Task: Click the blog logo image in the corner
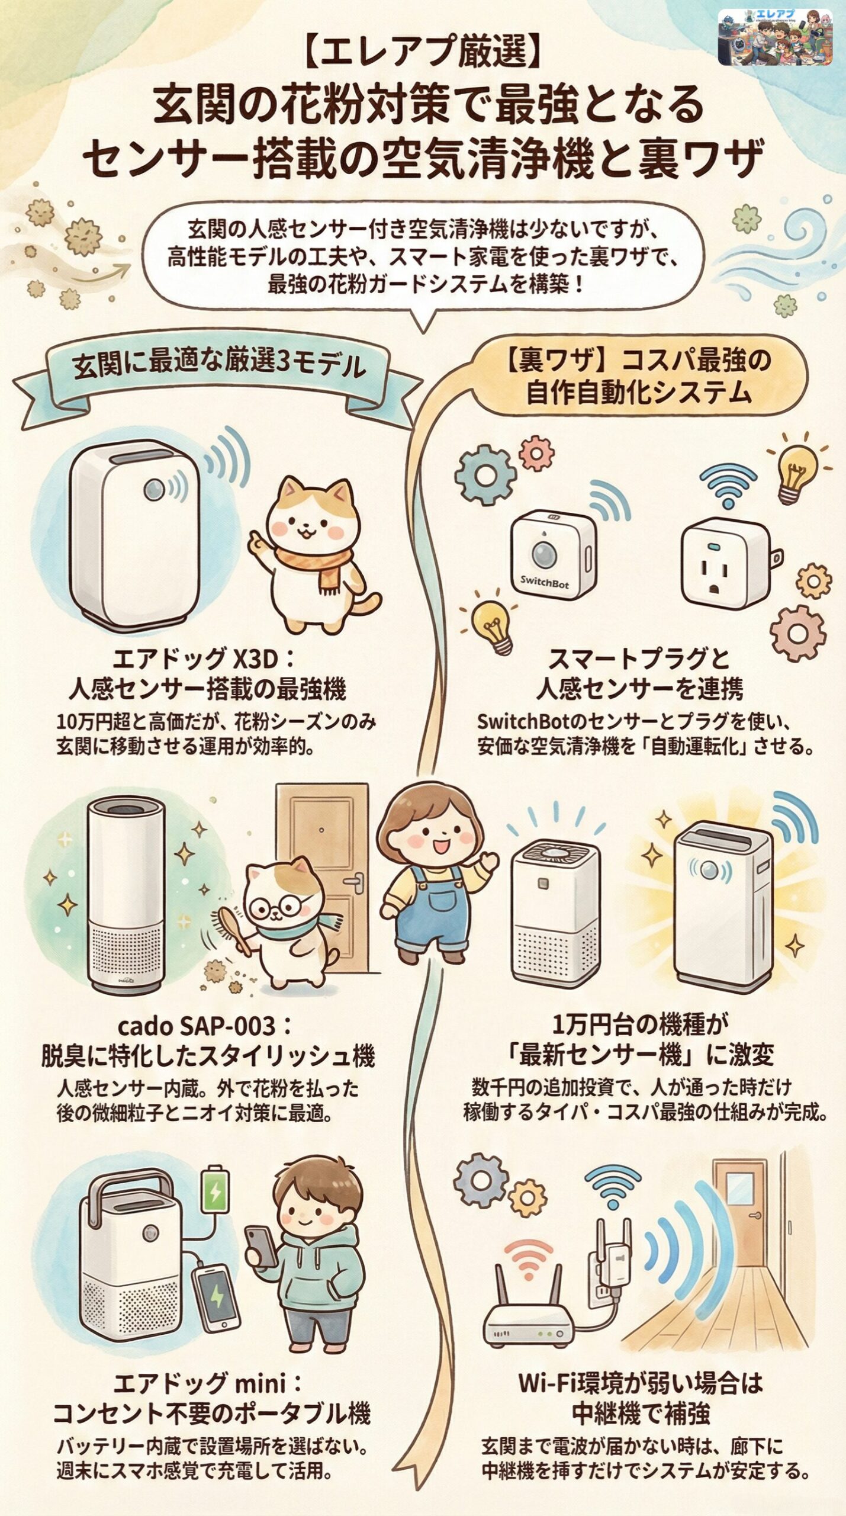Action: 774,37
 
